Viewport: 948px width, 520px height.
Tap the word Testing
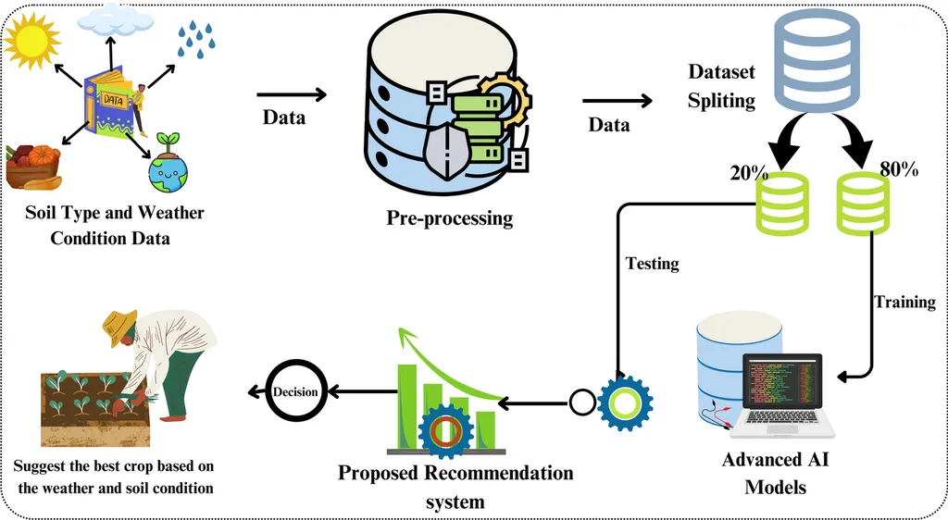[652, 264]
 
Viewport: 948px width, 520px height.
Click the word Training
[904, 302]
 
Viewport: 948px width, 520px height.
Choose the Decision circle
[295, 392]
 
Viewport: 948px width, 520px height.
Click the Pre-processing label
[449, 219]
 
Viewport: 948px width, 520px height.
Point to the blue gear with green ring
[625, 402]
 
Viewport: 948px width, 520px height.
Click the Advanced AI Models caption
[775, 473]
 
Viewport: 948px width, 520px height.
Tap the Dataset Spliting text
[722, 86]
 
